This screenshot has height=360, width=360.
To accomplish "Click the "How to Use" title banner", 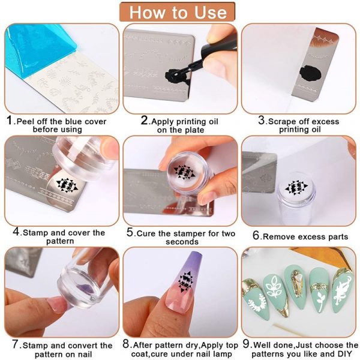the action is tap(177, 12).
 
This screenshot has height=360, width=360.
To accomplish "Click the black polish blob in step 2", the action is tap(173, 76).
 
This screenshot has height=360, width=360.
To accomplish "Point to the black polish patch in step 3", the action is tap(310, 73).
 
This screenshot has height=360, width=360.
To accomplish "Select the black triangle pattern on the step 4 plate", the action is tap(67, 185).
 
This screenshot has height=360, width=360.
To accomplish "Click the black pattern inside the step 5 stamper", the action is tap(184, 173).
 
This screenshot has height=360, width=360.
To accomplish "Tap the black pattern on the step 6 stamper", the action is tap(296, 188).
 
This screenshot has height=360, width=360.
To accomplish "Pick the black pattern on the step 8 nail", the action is tap(186, 282).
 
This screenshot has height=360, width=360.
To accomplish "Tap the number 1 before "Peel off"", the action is tap(10, 120).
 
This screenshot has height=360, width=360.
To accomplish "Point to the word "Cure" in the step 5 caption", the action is tap(146, 233).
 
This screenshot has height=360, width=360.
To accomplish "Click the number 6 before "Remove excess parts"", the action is tap(256, 235).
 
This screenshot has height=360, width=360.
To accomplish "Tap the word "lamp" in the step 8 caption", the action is tap(222, 353).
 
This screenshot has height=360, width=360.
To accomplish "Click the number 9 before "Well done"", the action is tap(246, 344).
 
